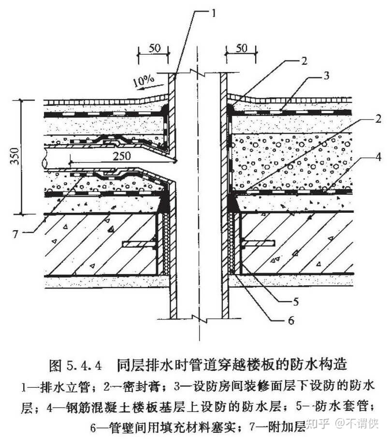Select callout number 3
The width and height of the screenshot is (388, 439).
click(327, 75)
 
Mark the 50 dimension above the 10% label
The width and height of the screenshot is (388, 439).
click(154, 49)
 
